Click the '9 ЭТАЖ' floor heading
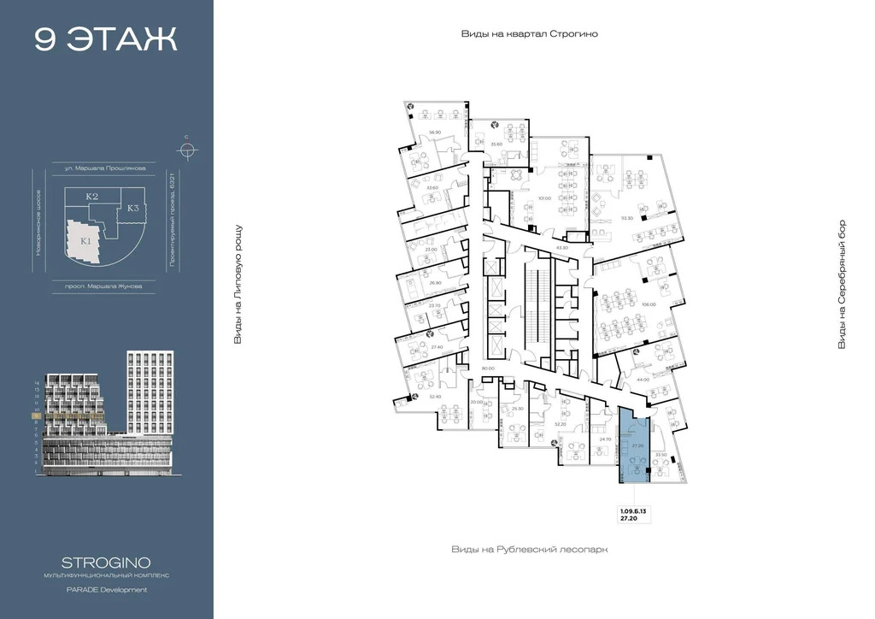pyautogui.click(x=106, y=39)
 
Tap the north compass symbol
pyautogui.click(x=186, y=150)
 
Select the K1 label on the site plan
pyautogui.click(x=86, y=241)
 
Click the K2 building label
pyautogui.click(x=92, y=197)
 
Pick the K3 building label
pyautogui.click(x=133, y=208)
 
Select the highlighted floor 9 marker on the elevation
pyautogui.click(x=35, y=416)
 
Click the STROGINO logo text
pyautogui.click(x=106, y=563)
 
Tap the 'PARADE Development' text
pyautogui.click(x=106, y=590)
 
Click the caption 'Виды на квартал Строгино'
pyautogui.click(x=529, y=34)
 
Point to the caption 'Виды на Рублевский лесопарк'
pyautogui.click(x=529, y=550)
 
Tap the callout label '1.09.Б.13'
pyautogui.click(x=633, y=510)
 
